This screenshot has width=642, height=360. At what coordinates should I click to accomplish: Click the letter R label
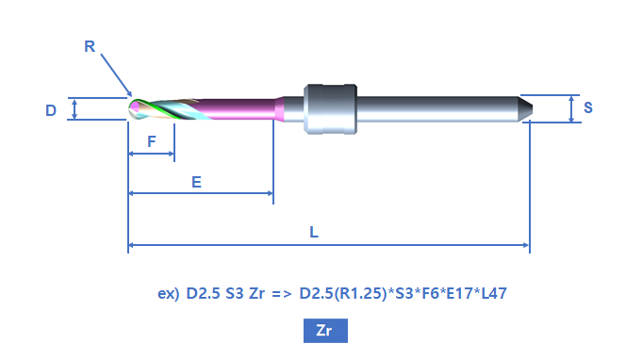click(90, 46)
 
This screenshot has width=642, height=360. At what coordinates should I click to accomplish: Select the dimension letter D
click(51, 110)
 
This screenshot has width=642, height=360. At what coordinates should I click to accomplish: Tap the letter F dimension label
click(152, 141)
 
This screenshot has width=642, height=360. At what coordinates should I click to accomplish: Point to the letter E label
click(196, 182)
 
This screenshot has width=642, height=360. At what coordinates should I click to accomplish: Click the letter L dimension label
click(314, 233)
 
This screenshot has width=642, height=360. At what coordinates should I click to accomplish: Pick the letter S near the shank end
click(588, 107)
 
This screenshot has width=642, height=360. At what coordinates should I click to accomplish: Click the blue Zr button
click(325, 331)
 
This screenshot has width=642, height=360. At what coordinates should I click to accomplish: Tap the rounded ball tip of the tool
click(133, 109)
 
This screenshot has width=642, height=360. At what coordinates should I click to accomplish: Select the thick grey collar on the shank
click(330, 109)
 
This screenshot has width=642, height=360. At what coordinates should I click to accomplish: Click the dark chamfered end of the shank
click(525, 108)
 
